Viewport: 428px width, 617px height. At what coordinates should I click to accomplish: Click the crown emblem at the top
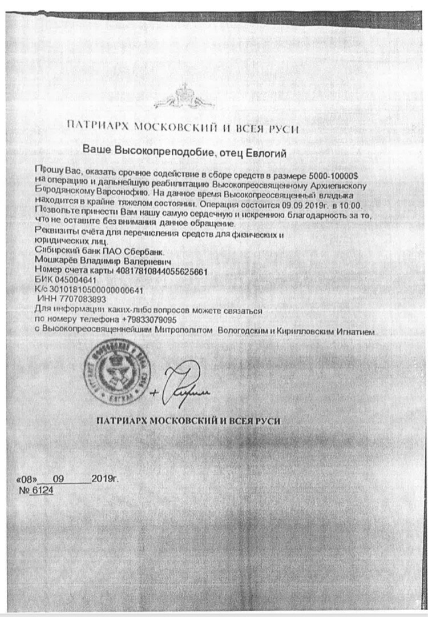pos(184,95)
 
